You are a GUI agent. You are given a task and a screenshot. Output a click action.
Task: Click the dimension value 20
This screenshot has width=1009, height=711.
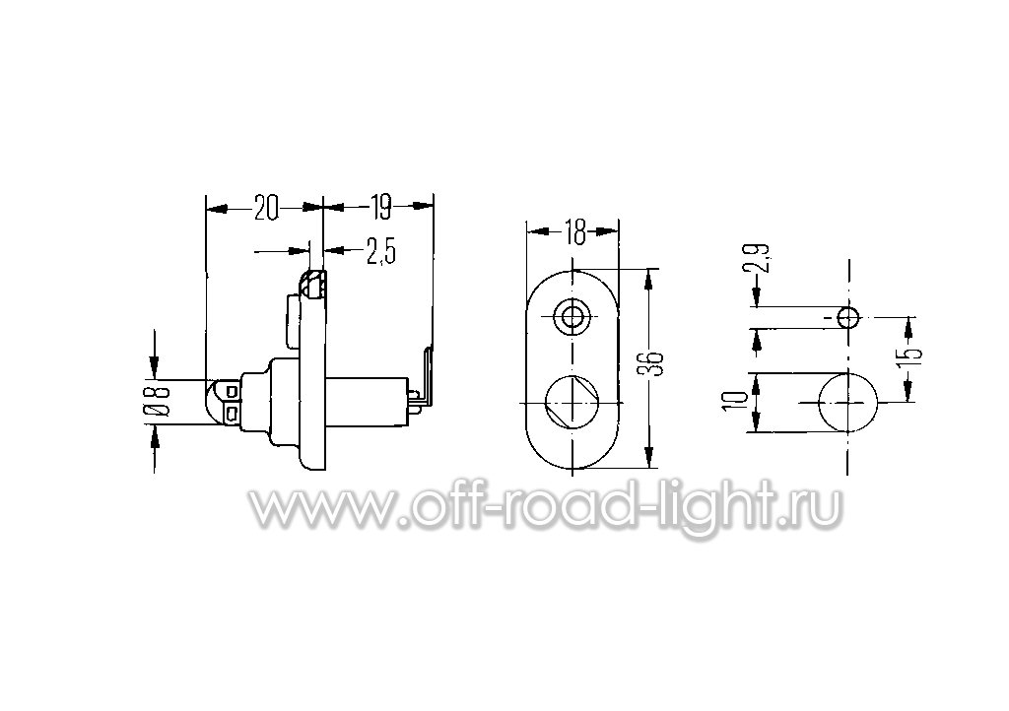(x=266, y=208)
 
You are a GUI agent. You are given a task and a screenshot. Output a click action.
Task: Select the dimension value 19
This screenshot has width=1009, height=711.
(x=381, y=208)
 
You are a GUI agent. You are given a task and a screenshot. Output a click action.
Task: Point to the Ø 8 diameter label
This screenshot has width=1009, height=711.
(x=161, y=401)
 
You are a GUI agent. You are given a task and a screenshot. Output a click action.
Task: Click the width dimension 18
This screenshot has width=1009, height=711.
(x=575, y=232)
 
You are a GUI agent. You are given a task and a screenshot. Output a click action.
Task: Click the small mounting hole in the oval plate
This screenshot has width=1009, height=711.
(x=572, y=316)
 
